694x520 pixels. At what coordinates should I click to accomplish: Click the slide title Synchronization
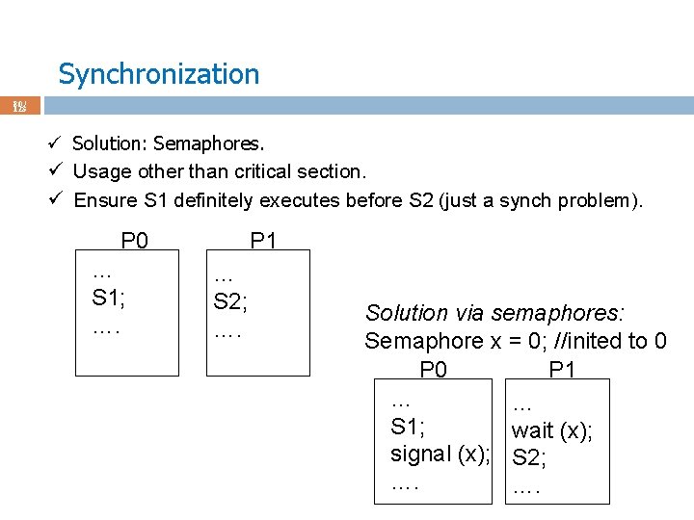[158, 74]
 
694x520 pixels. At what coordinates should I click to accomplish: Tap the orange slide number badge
[19, 105]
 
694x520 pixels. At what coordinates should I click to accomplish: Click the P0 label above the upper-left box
[134, 240]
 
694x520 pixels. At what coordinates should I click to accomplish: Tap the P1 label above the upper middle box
[263, 240]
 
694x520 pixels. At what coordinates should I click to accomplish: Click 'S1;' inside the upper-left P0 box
[108, 297]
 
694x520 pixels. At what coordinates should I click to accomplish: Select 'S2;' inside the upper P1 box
[230, 301]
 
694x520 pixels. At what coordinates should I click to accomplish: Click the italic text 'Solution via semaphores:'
[494, 313]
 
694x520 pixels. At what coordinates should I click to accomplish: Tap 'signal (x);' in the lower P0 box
[440, 454]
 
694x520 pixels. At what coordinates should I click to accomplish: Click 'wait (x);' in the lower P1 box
[551, 430]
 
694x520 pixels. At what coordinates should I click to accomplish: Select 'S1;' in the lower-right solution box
[408, 427]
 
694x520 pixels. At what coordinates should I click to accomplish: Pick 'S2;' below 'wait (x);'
[529, 458]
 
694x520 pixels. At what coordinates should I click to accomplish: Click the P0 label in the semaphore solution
[433, 370]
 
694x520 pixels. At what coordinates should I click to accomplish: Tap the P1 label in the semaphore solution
[562, 370]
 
